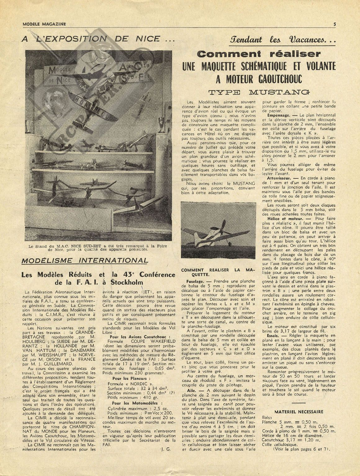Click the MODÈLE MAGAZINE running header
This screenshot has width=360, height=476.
point(44,24)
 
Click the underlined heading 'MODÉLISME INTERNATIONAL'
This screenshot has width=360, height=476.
point(84,261)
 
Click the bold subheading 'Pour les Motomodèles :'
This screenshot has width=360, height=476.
point(135,403)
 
